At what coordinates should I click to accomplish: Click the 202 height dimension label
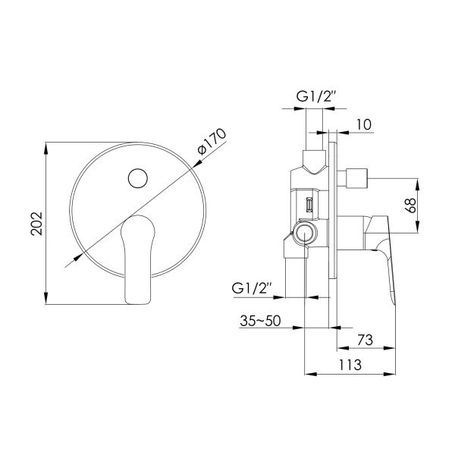point(37,224)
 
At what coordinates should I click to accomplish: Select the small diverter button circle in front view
point(138,178)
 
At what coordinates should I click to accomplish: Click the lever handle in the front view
point(137,259)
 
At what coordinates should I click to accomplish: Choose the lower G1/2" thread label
point(252,288)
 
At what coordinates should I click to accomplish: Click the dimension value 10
point(363,124)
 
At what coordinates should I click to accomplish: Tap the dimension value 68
point(410,206)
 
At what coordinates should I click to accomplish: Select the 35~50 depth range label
point(260,321)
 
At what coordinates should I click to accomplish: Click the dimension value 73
point(365,340)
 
